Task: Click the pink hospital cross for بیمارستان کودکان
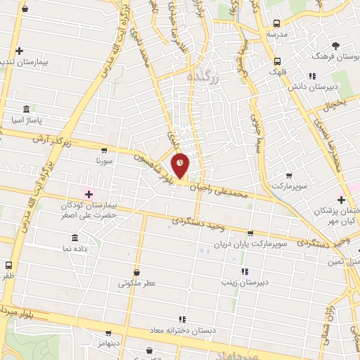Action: [89, 194]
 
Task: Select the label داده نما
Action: [75, 250]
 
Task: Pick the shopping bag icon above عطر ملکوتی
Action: [137, 273]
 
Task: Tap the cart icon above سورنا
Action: [105, 150]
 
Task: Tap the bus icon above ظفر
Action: [8, 265]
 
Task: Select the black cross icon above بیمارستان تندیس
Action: [20, 51]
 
